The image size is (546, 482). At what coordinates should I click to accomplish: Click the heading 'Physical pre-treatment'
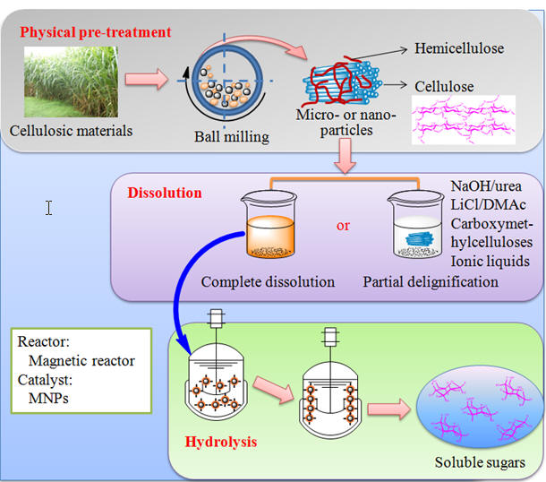pyautogui.click(x=96, y=33)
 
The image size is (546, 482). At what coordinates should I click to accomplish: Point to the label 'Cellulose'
pyautogui.click(x=444, y=86)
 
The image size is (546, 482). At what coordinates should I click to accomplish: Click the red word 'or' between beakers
pyautogui.click(x=343, y=225)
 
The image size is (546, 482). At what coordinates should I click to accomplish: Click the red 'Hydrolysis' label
pyautogui.click(x=221, y=443)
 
